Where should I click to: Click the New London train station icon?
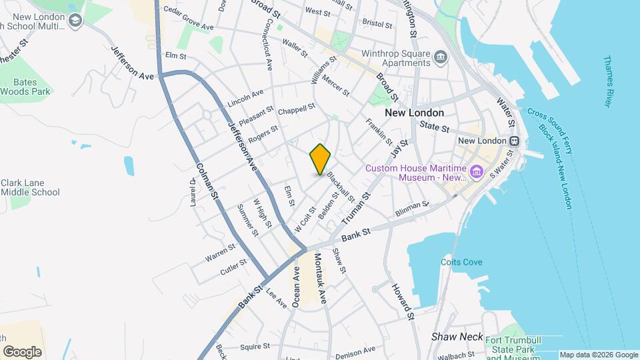click(514, 141)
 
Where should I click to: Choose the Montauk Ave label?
click(319, 278)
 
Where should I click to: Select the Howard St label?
click(403, 301)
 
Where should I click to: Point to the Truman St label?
click(355, 208)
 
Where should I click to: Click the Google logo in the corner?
click(22, 351)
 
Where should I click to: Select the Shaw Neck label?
click(457, 337)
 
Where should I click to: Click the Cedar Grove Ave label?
click(189, 24)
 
